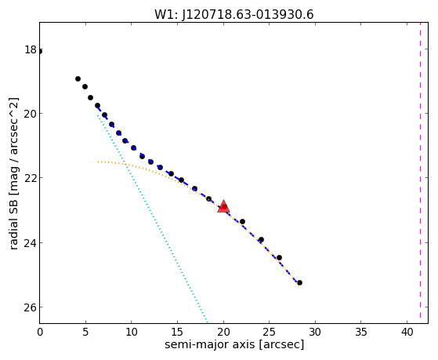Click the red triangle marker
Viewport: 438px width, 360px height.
pyautogui.click(x=223, y=206)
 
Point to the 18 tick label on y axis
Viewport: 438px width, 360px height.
pyautogui.click(x=31, y=49)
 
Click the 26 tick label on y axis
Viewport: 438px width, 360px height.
pyautogui.click(x=31, y=307)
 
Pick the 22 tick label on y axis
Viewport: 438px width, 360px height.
pyautogui.click(x=31, y=178)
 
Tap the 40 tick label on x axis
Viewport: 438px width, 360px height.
pyautogui.click(x=407, y=332)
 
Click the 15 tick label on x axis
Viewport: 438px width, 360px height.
pyautogui.click(x=178, y=332)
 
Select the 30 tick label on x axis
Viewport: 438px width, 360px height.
pyautogui.click(x=315, y=332)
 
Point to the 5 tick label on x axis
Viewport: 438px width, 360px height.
pyautogui.click(x=85, y=332)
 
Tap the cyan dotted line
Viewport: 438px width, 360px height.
pyautogui.click(x=153, y=219)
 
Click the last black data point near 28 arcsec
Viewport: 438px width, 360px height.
pyautogui.click(x=300, y=283)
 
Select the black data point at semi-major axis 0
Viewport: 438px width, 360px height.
pyautogui.click(x=40, y=52)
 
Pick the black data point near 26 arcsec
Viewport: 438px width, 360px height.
pyautogui.click(x=279, y=257)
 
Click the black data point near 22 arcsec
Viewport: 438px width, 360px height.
pyautogui.click(x=242, y=221)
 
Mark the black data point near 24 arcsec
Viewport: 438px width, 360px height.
pyautogui.click(x=261, y=239)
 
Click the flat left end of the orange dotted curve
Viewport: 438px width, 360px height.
pyautogui.click(x=98, y=162)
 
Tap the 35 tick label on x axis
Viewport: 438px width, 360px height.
pyautogui.click(x=361, y=332)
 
